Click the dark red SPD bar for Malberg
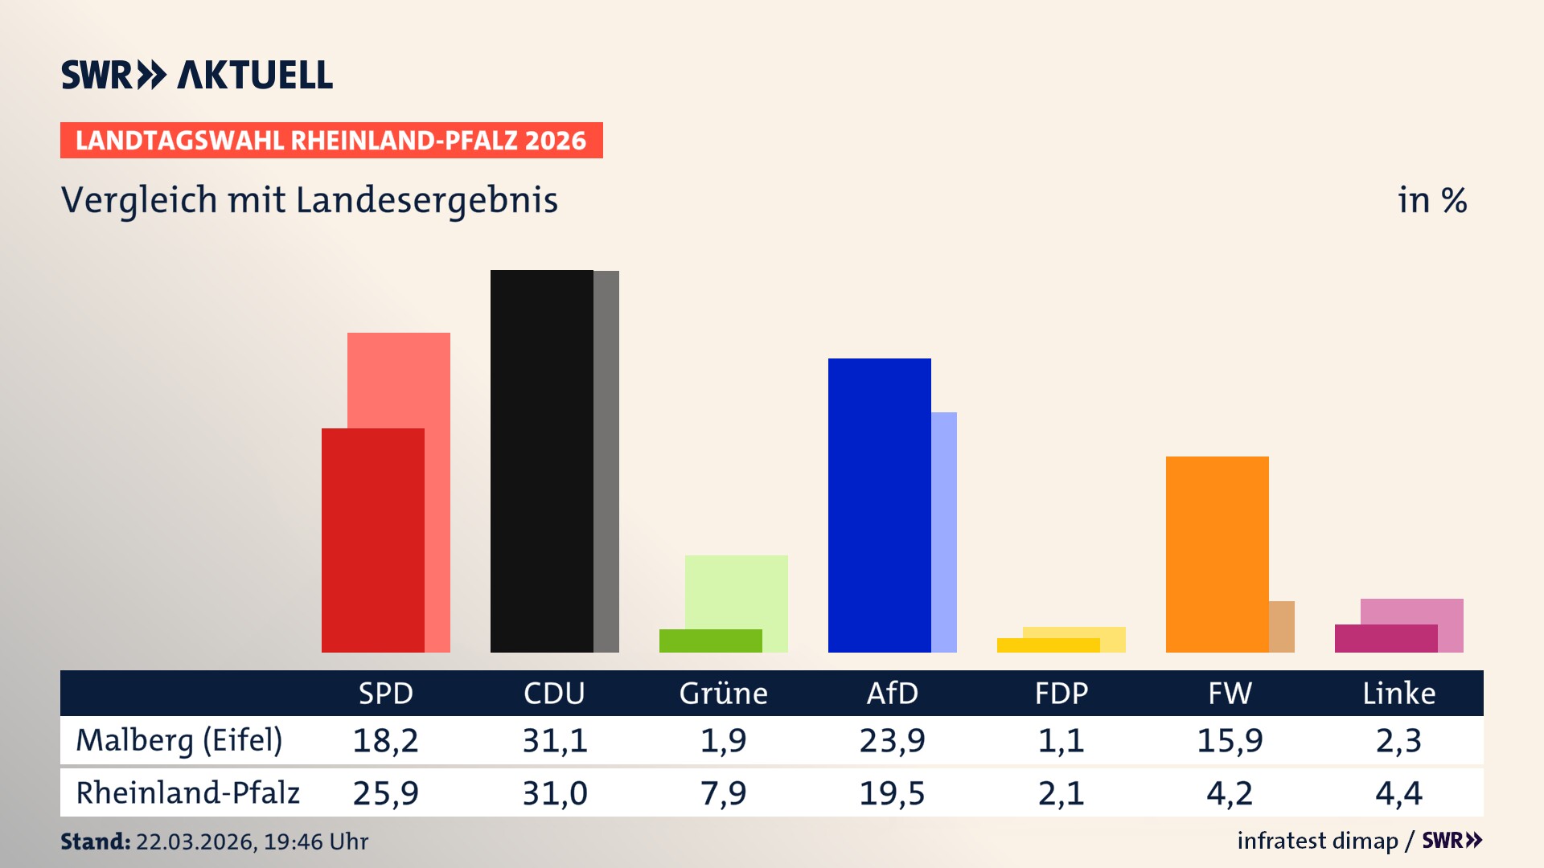pyautogui.click(x=372, y=540)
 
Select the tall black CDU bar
pyautogui.click(x=541, y=461)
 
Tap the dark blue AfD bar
pyautogui.click(x=879, y=505)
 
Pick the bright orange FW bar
pyautogui.click(x=1217, y=554)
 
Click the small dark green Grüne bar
pyautogui.click(x=710, y=641)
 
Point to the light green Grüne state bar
pyautogui.click(x=737, y=591)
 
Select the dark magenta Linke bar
pyautogui.click(x=1386, y=638)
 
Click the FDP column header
pyautogui.click(x=1061, y=693)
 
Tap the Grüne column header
pyautogui.click(x=723, y=693)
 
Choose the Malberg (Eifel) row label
pyautogui.click(x=179, y=740)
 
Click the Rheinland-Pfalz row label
pyautogui.click(x=187, y=792)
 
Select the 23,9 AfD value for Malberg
pyautogui.click(x=892, y=740)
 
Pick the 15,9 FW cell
pyautogui.click(x=1230, y=740)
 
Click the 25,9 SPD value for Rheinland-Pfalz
pyautogui.click(x=385, y=793)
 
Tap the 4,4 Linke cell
pyautogui.click(x=1398, y=793)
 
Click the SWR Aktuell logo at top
pyautogui.click(x=197, y=75)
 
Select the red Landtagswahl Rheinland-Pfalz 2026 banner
pyautogui.click(x=331, y=140)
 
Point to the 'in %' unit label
pyautogui.click(x=1432, y=200)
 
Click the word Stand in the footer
pyautogui.click(x=95, y=841)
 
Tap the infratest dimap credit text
pyautogui.click(x=1317, y=841)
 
